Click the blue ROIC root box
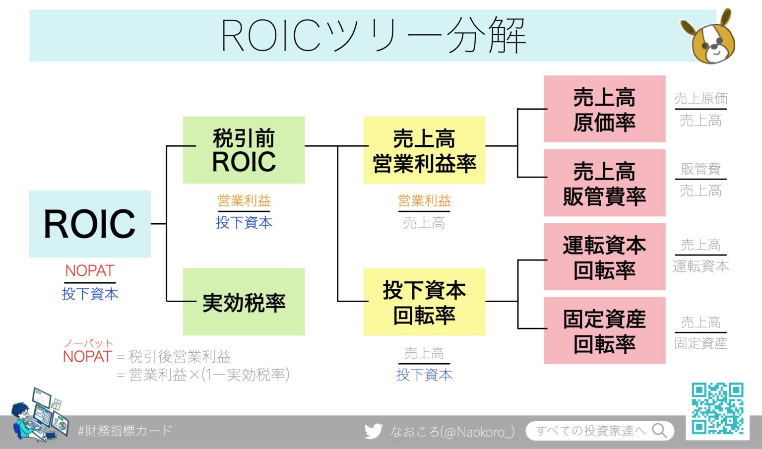tap(89, 224)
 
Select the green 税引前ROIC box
tap(244, 150)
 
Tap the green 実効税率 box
tap(244, 302)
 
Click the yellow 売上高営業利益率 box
tap(424, 150)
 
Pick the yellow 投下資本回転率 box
tap(424, 302)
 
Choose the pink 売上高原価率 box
tap(604, 109)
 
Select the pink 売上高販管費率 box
tap(604, 183)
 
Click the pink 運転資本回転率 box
tap(604, 257)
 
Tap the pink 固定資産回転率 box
tap(604, 330)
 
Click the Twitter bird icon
tap(373, 431)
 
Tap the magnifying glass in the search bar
tap(659, 430)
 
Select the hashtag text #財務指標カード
tap(125, 430)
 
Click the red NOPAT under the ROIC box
tap(90, 271)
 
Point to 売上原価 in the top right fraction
tap(700, 98)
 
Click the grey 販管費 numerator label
tap(700, 169)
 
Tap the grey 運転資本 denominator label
tap(700, 266)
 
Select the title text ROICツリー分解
tap(373, 36)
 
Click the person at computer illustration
tap(40, 415)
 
